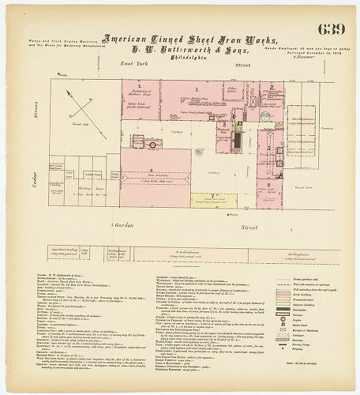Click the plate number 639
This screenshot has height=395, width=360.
click(330, 30)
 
